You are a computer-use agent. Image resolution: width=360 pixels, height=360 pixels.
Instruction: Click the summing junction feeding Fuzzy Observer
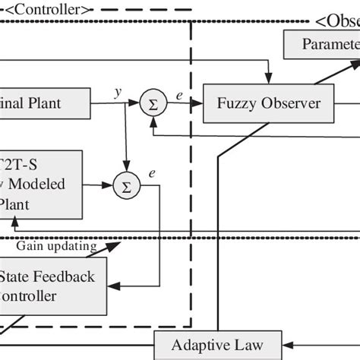point(153,104)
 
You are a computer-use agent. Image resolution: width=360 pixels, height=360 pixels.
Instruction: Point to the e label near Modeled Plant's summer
point(153,174)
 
